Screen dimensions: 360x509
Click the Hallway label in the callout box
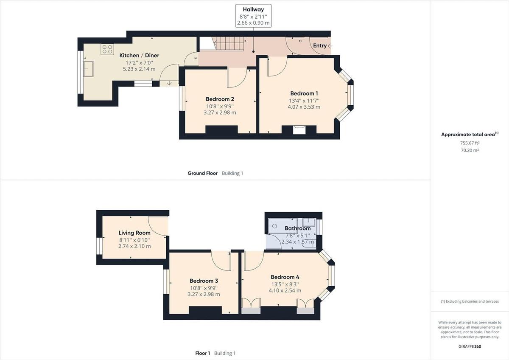(x=253, y=9)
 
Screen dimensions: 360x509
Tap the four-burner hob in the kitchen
(x=107, y=49)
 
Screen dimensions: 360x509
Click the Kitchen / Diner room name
(x=137, y=55)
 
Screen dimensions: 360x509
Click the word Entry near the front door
(x=320, y=45)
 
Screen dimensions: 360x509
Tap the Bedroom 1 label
(x=304, y=93)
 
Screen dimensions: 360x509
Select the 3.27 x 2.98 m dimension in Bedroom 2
(x=220, y=113)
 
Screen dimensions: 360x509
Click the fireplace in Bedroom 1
(x=299, y=129)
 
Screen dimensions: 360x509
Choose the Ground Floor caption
(x=202, y=173)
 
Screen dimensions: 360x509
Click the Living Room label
(x=134, y=233)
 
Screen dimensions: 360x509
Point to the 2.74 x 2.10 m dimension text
(x=134, y=246)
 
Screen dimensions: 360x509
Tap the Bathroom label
(x=297, y=228)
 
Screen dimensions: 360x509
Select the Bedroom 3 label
(x=204, y=281)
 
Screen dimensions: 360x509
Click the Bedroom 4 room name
(x=285, y=277)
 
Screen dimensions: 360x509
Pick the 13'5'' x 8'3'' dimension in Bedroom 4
(x=285, y=284)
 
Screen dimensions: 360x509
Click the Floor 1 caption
(x=202, y=353)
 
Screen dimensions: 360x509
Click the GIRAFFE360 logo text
(x=470, y=346)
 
